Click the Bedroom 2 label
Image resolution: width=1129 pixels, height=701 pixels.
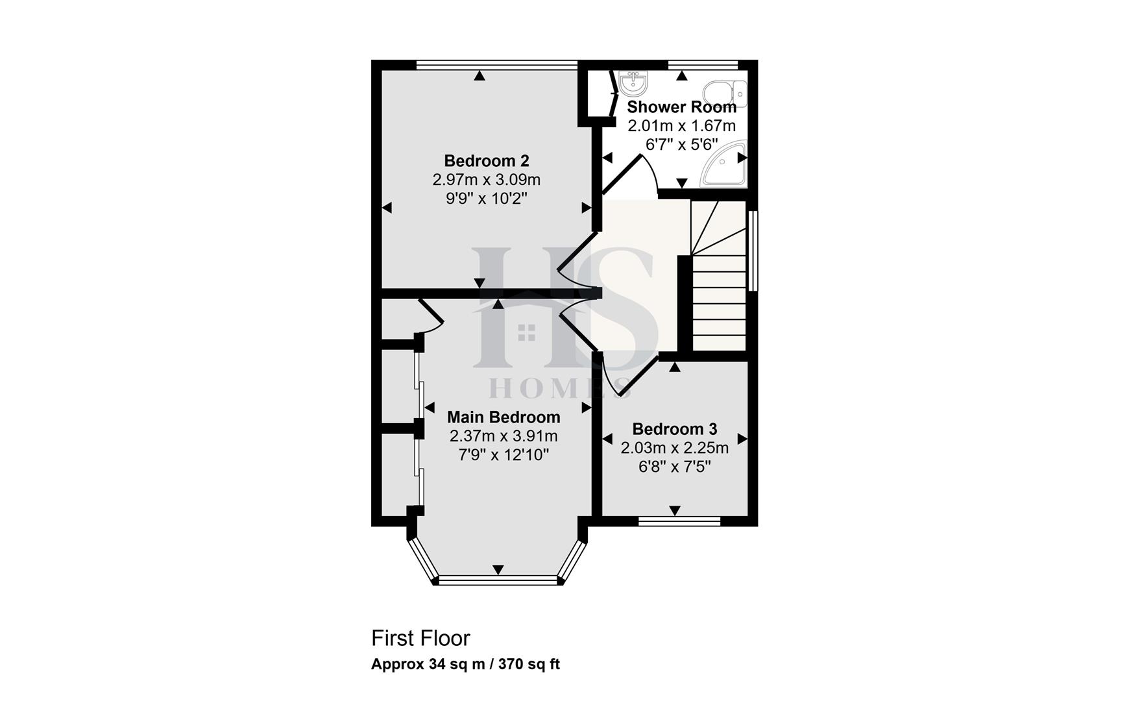click(x=487, y=160)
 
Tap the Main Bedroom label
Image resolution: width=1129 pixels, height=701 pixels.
click(x=504, y=417)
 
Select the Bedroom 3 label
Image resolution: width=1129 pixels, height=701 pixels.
click(x=675, y=429)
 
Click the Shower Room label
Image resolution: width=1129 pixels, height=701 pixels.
click(x=681, y=106)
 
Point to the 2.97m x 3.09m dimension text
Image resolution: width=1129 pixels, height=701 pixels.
click(x=487, y=179)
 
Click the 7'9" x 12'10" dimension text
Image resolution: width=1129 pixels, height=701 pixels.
click(x=504, y=455)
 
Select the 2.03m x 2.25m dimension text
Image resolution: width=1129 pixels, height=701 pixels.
click(x=675, y=448)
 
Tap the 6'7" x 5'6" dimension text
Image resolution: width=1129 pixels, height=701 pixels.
click(x=681, y=144)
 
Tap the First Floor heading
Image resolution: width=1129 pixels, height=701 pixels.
click(x=420, y=639)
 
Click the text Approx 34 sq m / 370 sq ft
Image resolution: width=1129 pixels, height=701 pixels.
click(x=465, y=664)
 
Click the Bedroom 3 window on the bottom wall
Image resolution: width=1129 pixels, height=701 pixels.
click(x=679, y=521)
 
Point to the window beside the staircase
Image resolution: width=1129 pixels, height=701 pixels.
click(x=753, y=250)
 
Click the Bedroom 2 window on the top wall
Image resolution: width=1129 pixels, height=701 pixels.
click(x=496, y=64)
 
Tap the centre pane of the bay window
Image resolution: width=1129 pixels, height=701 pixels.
click(x=498, y=580)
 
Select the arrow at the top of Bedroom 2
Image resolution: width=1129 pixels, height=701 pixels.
click(x=479, y=76)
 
